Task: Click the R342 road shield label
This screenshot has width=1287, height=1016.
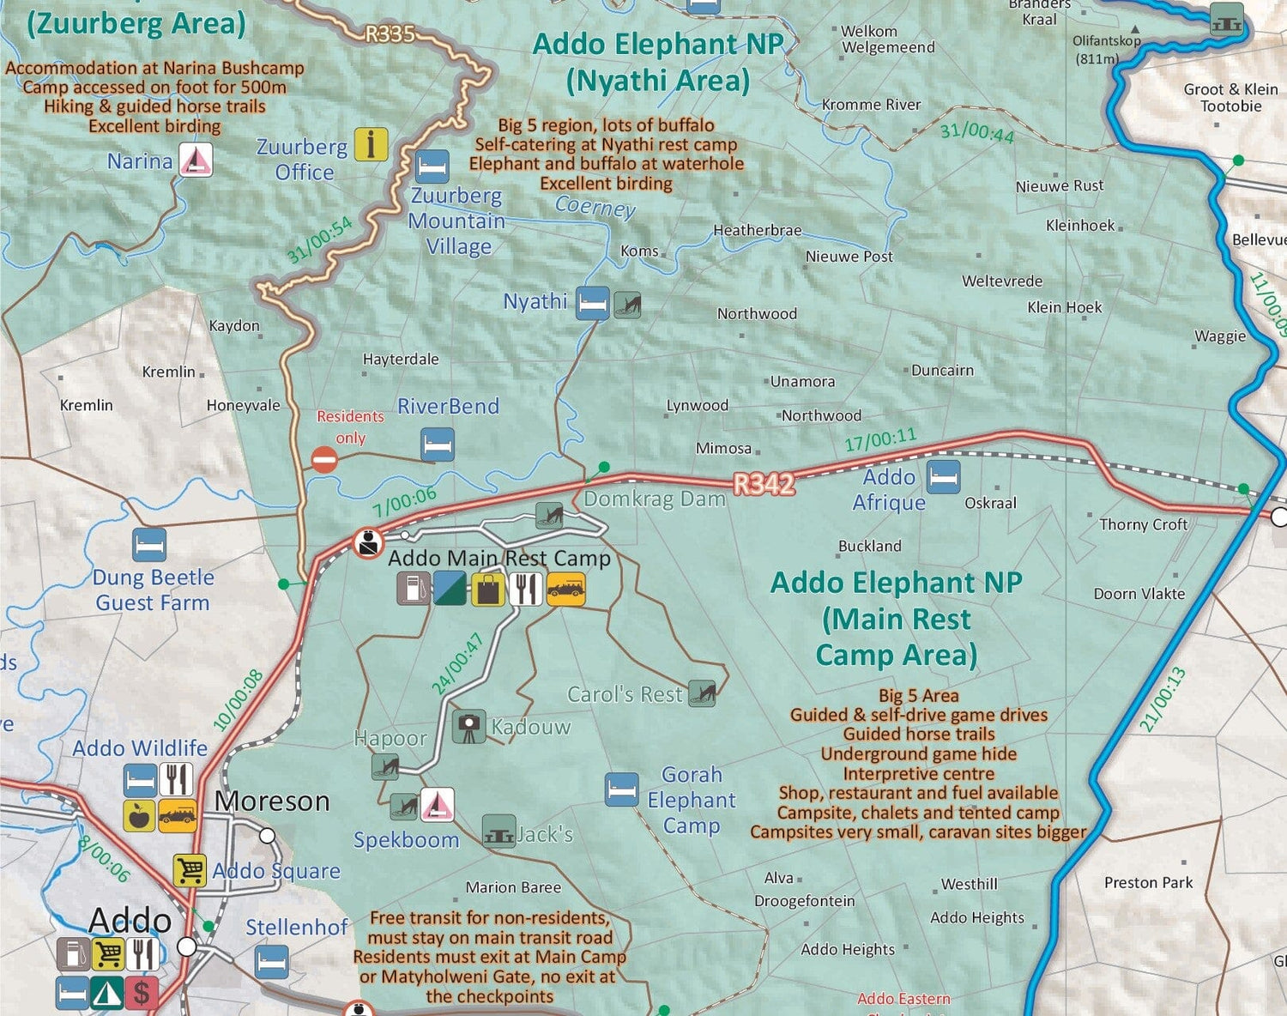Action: (x=764, y=485)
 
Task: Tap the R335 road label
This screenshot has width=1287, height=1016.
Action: (x=390, y=34)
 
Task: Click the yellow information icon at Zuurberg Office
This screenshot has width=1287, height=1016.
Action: (x=371, y=144)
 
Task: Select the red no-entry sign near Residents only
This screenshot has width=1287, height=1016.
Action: (x=323, y=460)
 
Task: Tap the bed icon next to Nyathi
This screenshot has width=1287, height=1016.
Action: (x=592, y=303)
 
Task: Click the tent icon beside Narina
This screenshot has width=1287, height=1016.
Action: (x=196, y=160)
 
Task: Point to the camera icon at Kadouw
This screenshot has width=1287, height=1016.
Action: (x=468, y=727)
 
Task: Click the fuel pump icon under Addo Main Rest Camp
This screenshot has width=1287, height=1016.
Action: (x=413, y=589)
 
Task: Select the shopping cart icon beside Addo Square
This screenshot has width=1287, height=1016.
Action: (x=190, y=870)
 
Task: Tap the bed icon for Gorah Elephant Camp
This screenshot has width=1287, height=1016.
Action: (x=621, y=789)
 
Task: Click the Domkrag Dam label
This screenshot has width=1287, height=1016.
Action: (x=654, y=499)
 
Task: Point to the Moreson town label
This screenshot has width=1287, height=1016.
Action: (x=272, y=801)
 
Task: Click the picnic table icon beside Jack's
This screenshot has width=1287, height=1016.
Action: (x=498, y=832)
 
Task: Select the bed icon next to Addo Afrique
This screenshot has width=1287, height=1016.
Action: (x=943, y=477)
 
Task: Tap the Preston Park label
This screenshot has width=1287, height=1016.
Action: (x=1148, y=882)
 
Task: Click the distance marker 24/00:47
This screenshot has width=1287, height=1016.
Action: (x=458, y=663)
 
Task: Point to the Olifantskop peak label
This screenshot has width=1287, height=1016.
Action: (x=1106, y=41)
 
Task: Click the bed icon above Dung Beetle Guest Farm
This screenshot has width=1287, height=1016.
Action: (x=149, y=545)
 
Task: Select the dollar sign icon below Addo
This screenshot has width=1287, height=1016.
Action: (x=142, y=993)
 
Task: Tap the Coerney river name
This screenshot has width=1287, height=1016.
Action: (x=595, y=206)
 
